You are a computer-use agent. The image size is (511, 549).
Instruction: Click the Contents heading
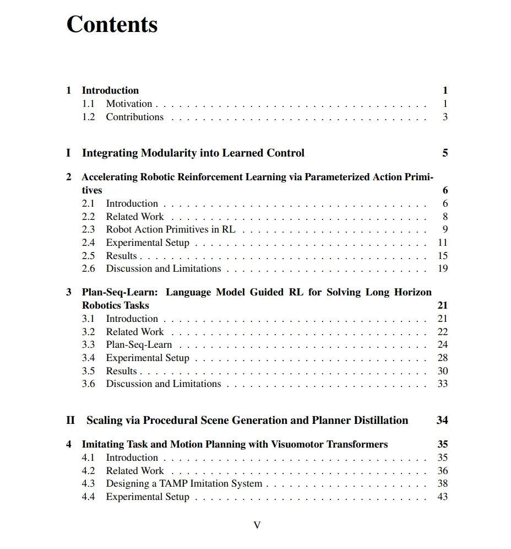pyautogui.click(x=112, y=25)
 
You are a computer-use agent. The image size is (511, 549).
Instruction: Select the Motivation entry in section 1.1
pyautogui.click(x=129, y=104)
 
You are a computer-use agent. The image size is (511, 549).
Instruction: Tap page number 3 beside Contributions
pyautogui.click(x=445, y=117)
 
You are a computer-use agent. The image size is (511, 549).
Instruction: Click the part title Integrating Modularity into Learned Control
pyautogui.click(x=193, y=153)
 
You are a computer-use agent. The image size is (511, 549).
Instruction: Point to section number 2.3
pyautogui.click(x=88, y=229)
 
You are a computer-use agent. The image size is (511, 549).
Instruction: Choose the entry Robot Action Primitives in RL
pyautogui.click(x=171, y=229)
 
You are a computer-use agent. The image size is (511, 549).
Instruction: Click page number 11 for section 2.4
pyautogui.click(x=443, y=243)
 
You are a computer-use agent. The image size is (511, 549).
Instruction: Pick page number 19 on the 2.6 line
pyautogui.click(x=443, y=268)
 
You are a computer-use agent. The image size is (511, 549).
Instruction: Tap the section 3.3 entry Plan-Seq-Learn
pyautogui.click(x=139, y=345)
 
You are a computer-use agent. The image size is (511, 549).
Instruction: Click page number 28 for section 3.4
pyautogui.click(x=443, y=358)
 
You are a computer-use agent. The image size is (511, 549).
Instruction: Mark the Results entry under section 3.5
pyautogui.click(x=121, y=371)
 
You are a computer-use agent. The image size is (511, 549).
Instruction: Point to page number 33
pyautogui.click(x=443, y=384)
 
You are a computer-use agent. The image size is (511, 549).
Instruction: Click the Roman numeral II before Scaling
pyautogui.click(x=70, y=420)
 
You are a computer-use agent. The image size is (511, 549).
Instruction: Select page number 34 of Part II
pyautogui.click(x=442, y=420)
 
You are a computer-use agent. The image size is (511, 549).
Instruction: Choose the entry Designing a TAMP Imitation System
pyautogui.click(x=184, y=483)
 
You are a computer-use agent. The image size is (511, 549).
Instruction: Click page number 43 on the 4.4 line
pyautogui.click(x=443, y=497)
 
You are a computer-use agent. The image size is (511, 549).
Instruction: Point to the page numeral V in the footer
pyautogui.click(x=257, y=525)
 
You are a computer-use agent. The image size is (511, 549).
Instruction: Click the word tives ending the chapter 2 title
pyautogui.click(x=92, y=190)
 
